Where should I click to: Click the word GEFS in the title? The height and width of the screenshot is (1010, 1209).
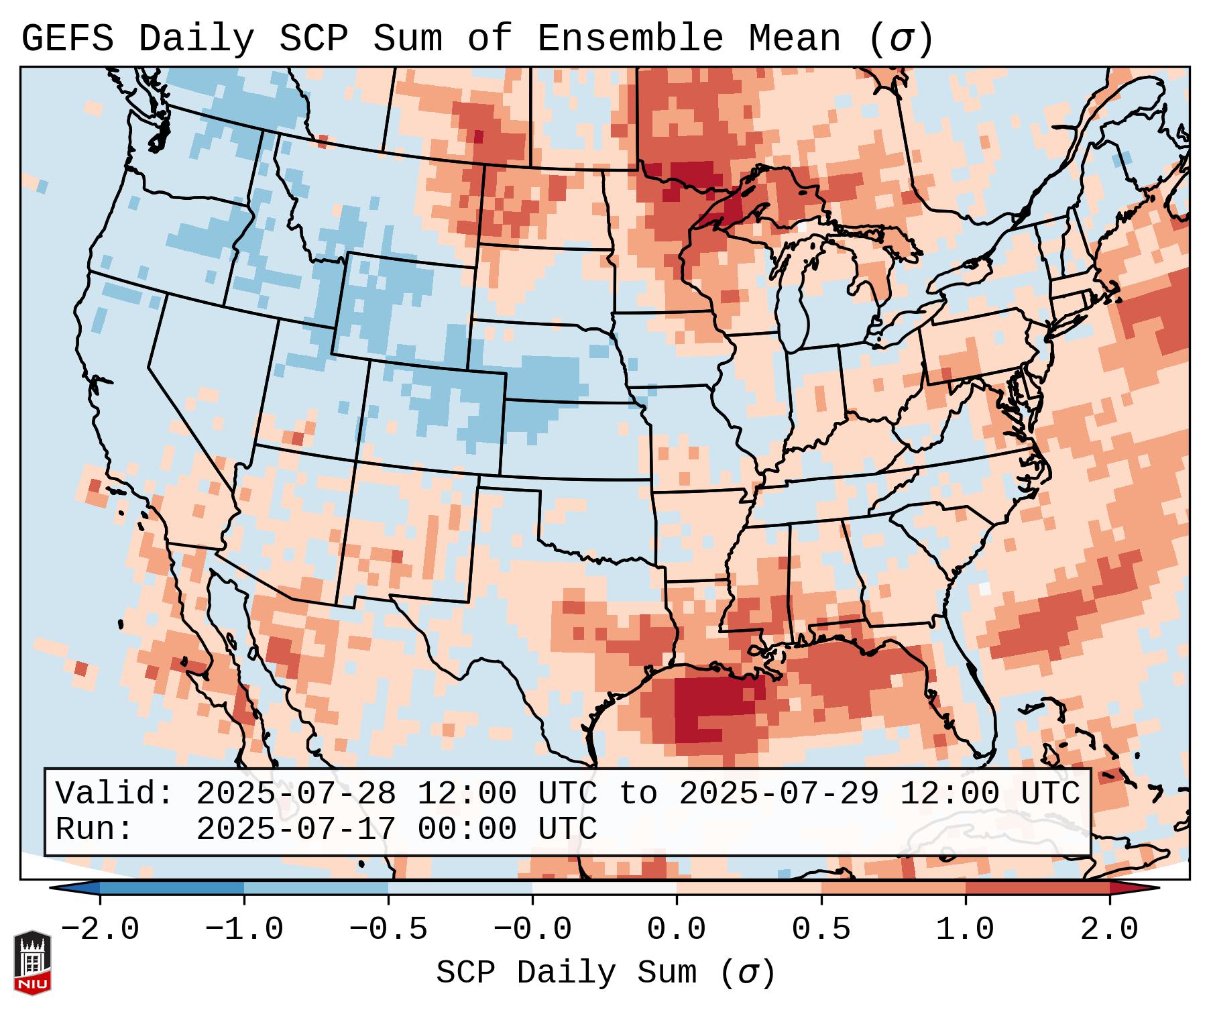click(67, 39)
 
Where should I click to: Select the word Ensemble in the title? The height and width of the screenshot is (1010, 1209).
click(630, 39)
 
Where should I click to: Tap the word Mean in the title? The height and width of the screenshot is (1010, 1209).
click(795, 39)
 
